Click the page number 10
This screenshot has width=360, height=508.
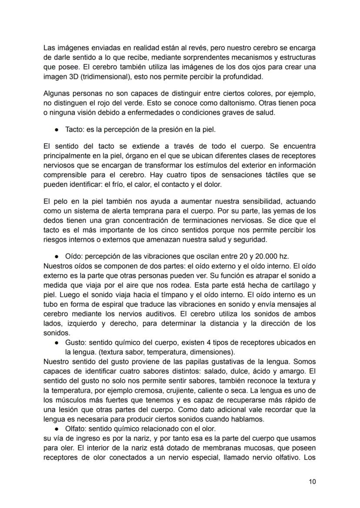[x=312, y=481]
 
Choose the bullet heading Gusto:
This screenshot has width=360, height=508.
[x=76, y=342]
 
